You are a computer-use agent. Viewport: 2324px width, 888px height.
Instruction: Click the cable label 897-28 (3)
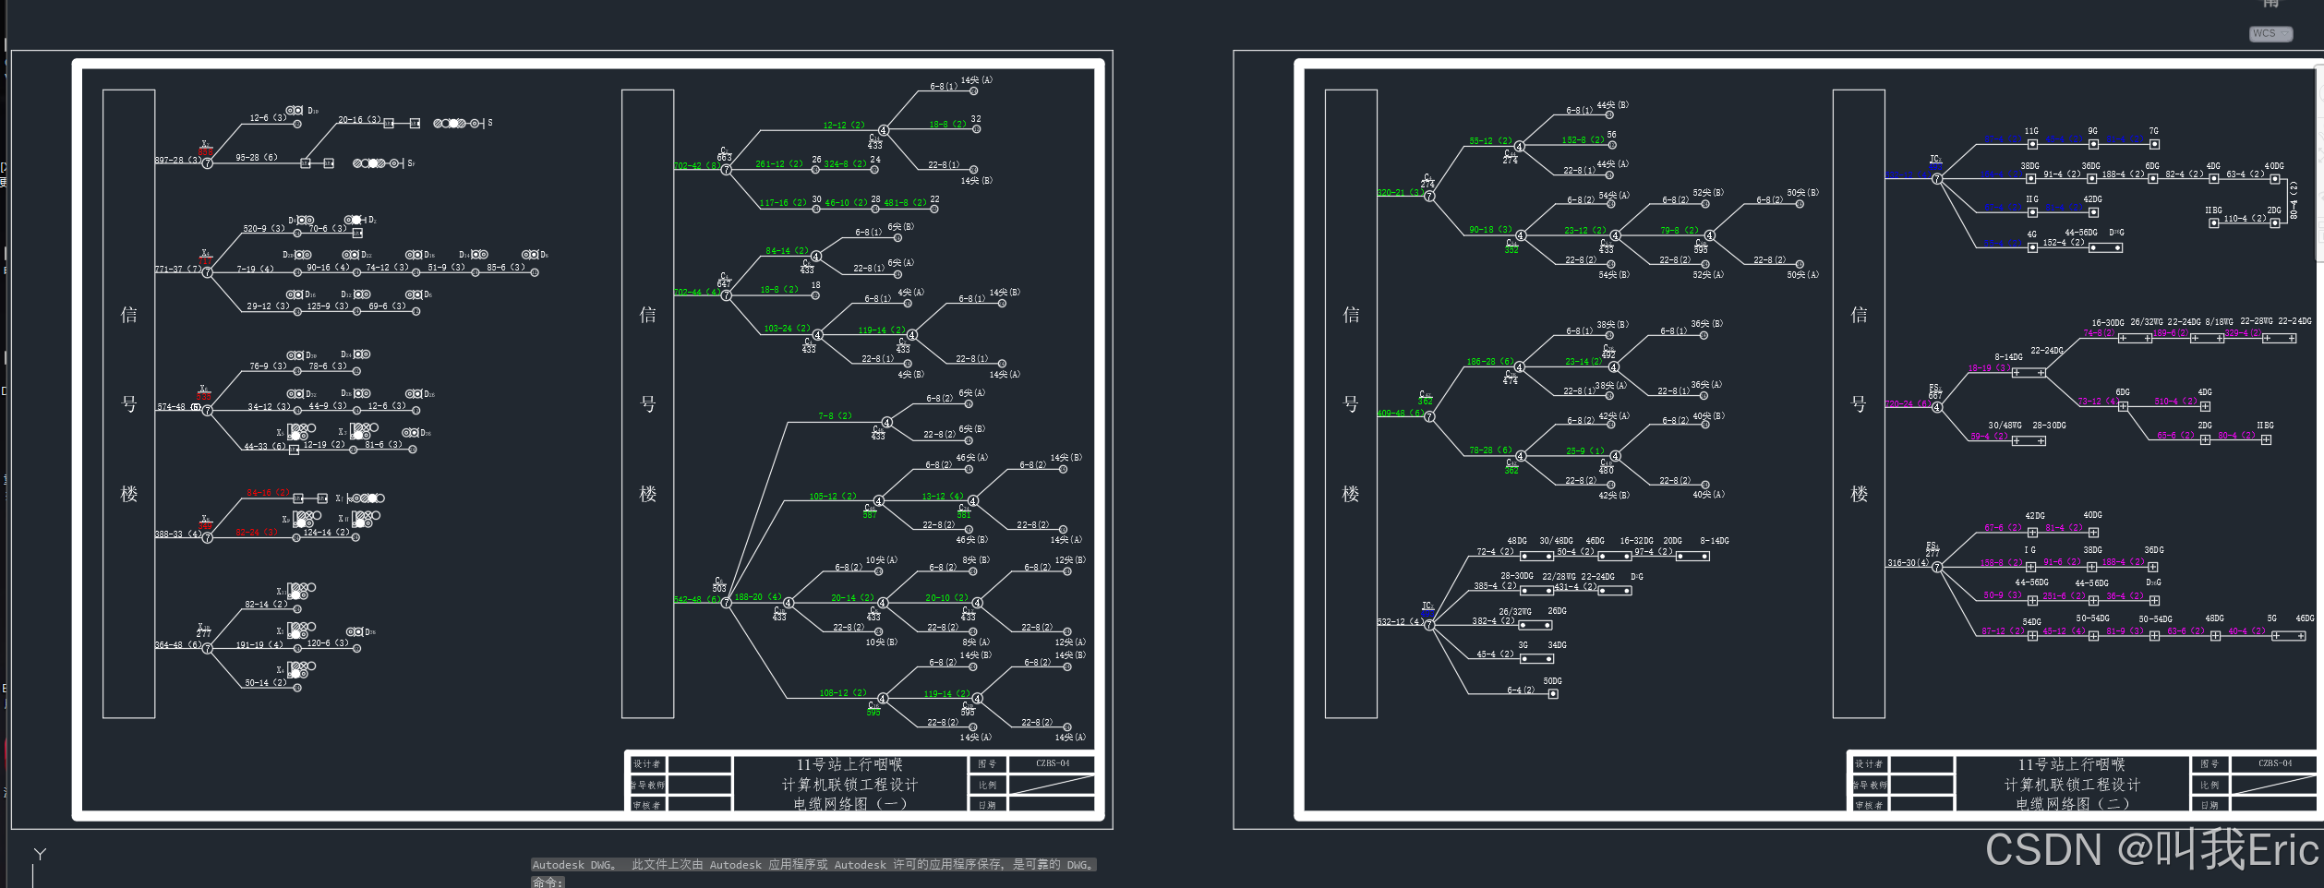click(177, 161)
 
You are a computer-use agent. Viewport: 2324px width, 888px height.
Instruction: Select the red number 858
click(205, 152)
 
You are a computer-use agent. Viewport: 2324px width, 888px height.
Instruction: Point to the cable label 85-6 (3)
click(506, 268)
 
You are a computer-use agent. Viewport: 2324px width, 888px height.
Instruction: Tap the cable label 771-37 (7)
click(177, 270)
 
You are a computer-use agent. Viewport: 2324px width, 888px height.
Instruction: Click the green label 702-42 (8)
click(696, 166)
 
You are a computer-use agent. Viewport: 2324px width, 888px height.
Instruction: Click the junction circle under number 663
click(727, 170)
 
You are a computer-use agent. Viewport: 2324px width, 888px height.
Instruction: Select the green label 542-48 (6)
click(696, 600)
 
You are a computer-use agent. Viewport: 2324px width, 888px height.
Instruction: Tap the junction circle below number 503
click(727, 603)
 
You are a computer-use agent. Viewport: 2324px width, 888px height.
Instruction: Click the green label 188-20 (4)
click(757, 597)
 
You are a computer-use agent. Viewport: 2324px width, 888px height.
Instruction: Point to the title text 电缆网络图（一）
click(849, 804)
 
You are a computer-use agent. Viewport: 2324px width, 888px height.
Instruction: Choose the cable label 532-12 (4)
click(1400, 622)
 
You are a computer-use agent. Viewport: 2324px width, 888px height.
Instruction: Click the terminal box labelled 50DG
click(1553, 693)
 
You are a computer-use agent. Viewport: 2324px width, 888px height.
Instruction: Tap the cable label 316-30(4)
click(1908, 563)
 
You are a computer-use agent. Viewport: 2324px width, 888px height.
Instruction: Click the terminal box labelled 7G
click(2154, 144)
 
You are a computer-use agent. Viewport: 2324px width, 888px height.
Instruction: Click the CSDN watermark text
click(2151, 849)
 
